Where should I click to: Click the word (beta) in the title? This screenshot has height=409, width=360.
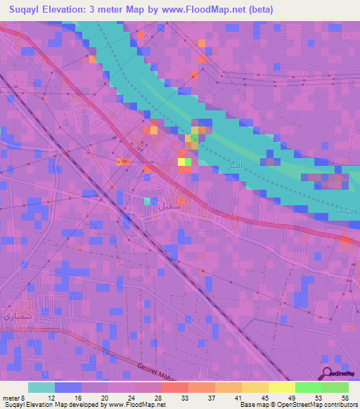[x=257, y=10]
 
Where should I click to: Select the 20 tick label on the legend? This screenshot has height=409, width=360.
[x=104, y=397]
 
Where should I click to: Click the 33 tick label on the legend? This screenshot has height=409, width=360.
[x=186, y=397]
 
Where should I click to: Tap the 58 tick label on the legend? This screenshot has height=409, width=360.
[x=345, y=397]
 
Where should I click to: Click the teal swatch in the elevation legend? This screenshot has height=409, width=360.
[x=41, y=387]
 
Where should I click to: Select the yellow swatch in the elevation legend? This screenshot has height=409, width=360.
[x=281, y=387]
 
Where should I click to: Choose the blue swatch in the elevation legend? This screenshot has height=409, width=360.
[x=68, y=387]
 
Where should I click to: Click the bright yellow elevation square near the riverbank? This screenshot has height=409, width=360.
[x=181, y=162]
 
